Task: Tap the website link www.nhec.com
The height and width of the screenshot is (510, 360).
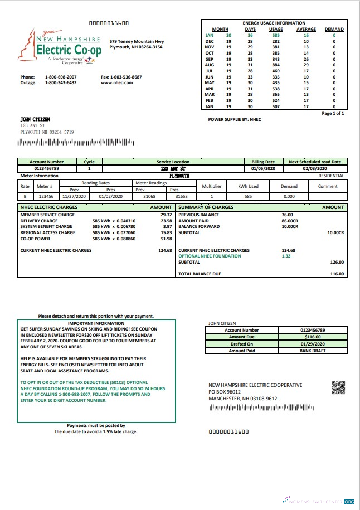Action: point(116,82)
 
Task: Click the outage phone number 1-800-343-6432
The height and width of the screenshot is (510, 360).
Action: point(61,82)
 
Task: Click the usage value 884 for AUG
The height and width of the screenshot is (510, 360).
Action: point(276,65)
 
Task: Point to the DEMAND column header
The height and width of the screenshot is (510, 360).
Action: point(334,29)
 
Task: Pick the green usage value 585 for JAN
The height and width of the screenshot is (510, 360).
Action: point(276,35)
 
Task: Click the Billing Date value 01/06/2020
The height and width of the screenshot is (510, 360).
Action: point(262,168)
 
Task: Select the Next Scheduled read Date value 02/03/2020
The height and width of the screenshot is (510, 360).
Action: point(315,168)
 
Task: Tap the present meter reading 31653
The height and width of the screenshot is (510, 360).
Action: point(182,196)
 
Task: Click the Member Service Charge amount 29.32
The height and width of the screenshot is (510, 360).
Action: point(166,214)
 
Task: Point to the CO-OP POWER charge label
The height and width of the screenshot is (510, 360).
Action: point(36,239)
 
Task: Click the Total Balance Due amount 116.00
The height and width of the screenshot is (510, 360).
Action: point(337,274)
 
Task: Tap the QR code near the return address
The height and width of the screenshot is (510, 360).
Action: point(338,387)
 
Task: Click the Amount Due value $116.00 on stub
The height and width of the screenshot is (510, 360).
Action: point(313,337)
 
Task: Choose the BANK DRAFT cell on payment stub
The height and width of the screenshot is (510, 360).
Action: point(313,351)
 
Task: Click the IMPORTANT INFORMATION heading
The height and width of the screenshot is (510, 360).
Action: point(96,323)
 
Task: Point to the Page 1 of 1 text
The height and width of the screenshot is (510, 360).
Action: point(333,113)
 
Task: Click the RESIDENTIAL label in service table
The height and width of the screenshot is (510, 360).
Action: point(331,175)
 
